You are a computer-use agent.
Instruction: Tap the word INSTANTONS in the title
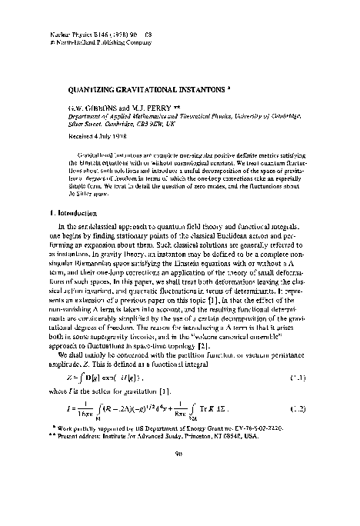coord(205,87)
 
